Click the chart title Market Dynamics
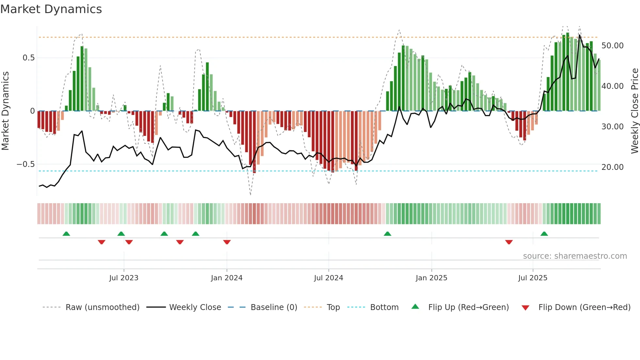(x=51, y=9)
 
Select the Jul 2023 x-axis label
(x=124, y=278)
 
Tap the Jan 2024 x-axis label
(x=227, y=278)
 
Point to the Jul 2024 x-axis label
(x=328, y=278)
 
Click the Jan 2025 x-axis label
(x=431, y=278)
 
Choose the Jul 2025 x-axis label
(x=533, y=278)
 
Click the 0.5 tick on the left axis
(x=28, y=58)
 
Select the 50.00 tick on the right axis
(x=612, y=46)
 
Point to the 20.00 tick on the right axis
(x=612, y=167)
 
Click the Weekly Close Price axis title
(x=634, y=111)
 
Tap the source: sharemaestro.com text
(x=575, y=256)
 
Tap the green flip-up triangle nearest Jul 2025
(x=544, y=234)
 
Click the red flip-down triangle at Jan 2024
(x=227, y=242)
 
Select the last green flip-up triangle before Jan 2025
(x=387, y=234)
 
